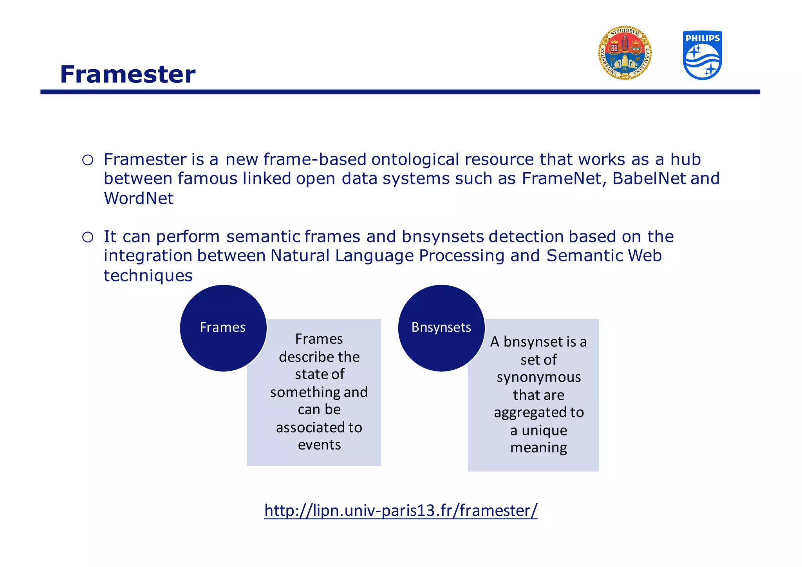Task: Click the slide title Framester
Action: [128, 74]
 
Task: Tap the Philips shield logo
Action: [702, 56]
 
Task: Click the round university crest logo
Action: [625, 53]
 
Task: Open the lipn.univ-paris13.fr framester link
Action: [401, 511]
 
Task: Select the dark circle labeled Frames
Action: [223, 328]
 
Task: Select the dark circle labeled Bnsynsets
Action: [441, 328]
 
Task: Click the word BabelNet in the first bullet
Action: [648, 179]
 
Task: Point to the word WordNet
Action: [139, 198]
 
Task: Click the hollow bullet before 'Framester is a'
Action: [88, 160]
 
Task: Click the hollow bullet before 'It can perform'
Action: [88, 237]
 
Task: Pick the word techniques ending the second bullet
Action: [148, 275]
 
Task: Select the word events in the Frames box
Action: [319, 445]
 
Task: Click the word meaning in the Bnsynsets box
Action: [538, 447]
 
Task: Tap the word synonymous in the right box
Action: [538, 377]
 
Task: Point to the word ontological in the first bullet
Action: [415, 159]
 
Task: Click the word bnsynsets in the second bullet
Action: [443, 237]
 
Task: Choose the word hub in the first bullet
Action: [685, 159]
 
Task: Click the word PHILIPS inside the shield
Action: [702, 38]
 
